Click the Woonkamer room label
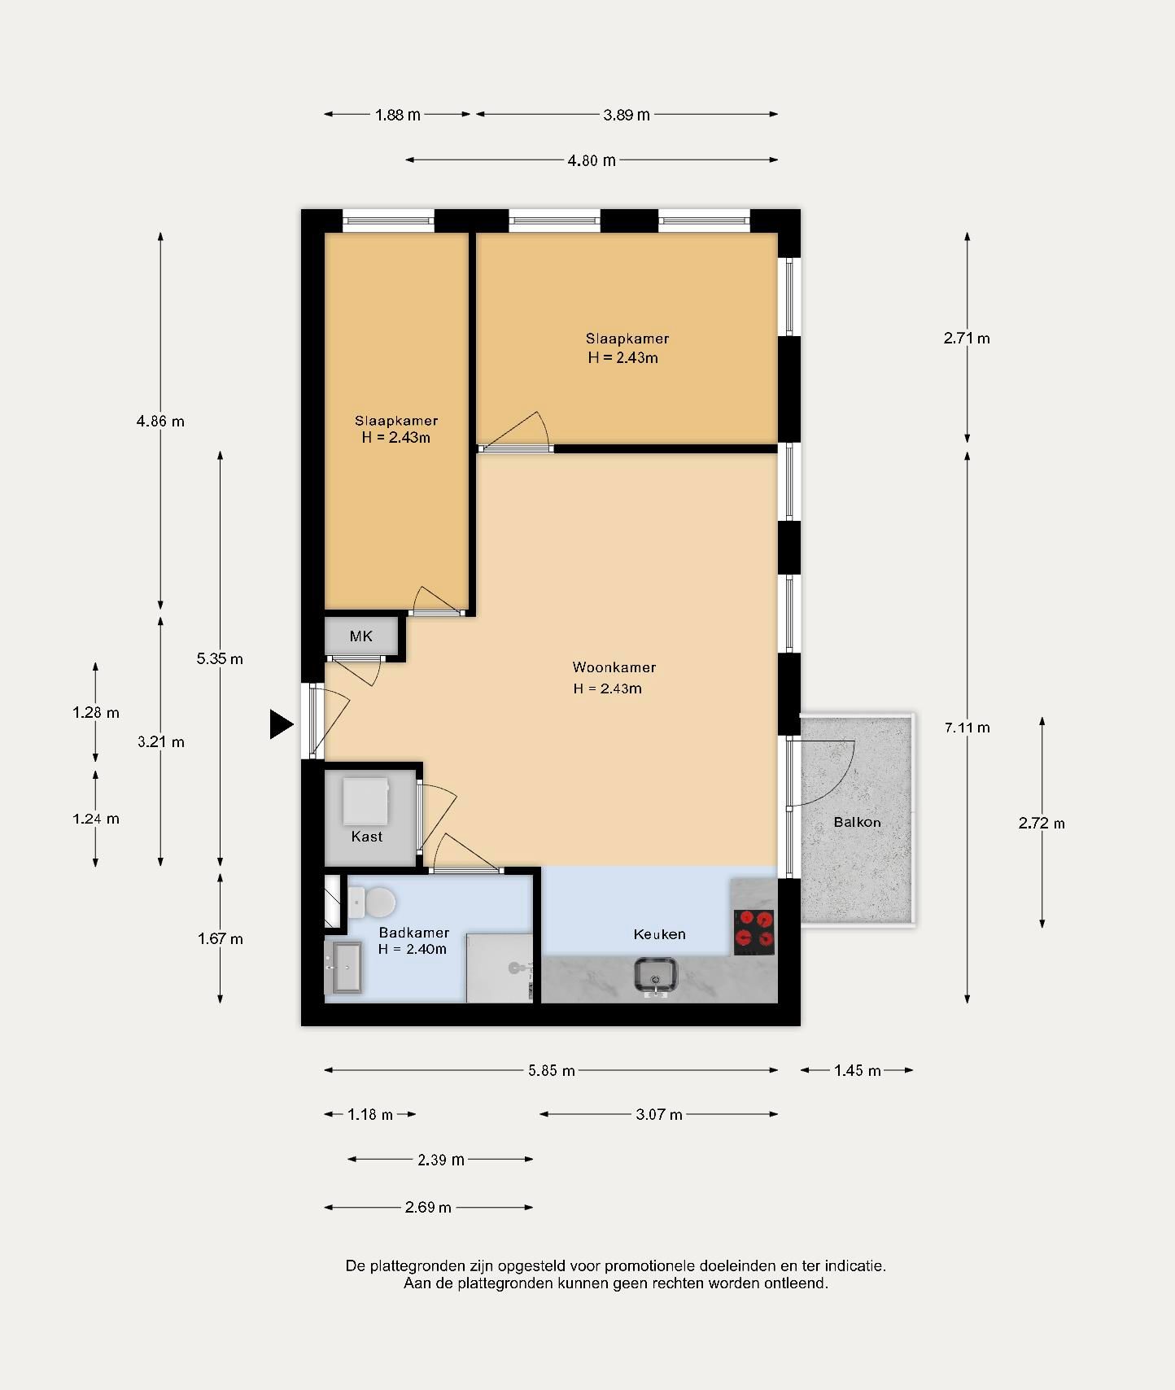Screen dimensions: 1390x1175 point(614,667)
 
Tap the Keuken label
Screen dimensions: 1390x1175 point(659,934)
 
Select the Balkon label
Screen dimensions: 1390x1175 point(857,822)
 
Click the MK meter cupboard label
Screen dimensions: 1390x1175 point(360,636)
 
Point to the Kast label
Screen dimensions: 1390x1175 point(367,837)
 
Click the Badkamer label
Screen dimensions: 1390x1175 point(413,933)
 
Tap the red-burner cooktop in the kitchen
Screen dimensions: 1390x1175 point(753,932)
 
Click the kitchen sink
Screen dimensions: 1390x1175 point(656,976)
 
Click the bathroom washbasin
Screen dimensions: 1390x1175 point(343,968)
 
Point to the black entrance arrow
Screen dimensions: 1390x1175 point(281,723)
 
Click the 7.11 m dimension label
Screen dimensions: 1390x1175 point(967,728)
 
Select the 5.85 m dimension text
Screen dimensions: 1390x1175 point(552,1071)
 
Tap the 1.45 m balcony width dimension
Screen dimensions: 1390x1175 point(857,1071)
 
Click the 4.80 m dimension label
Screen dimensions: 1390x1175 point(592,160)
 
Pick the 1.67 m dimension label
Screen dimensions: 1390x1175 point(220,939)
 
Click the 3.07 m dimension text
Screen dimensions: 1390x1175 point(659,1115)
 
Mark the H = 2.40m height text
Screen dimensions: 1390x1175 point(412,950)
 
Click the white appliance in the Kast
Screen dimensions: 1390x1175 point(365,802)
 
